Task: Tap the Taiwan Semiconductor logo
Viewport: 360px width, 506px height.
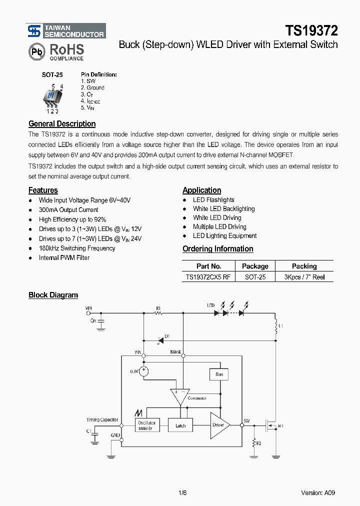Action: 66,31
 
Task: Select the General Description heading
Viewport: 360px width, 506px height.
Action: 62,123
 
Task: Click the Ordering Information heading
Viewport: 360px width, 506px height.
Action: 217,248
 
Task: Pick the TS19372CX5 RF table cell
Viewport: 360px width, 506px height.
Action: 208,276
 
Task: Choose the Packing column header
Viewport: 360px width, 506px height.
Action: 304,266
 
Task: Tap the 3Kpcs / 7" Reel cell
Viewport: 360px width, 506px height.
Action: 304,276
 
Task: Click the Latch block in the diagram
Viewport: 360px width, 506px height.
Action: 180,425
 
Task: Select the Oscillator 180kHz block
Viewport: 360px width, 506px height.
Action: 147,425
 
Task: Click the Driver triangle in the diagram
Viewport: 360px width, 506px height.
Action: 218,425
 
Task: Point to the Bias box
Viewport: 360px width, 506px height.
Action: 219,374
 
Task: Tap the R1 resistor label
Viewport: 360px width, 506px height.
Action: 158,307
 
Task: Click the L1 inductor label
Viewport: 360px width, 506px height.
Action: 280,326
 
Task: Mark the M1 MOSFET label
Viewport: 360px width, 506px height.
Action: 280,426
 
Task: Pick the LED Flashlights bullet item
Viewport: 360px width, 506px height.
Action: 213,199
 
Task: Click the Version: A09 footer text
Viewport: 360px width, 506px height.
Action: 318,492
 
